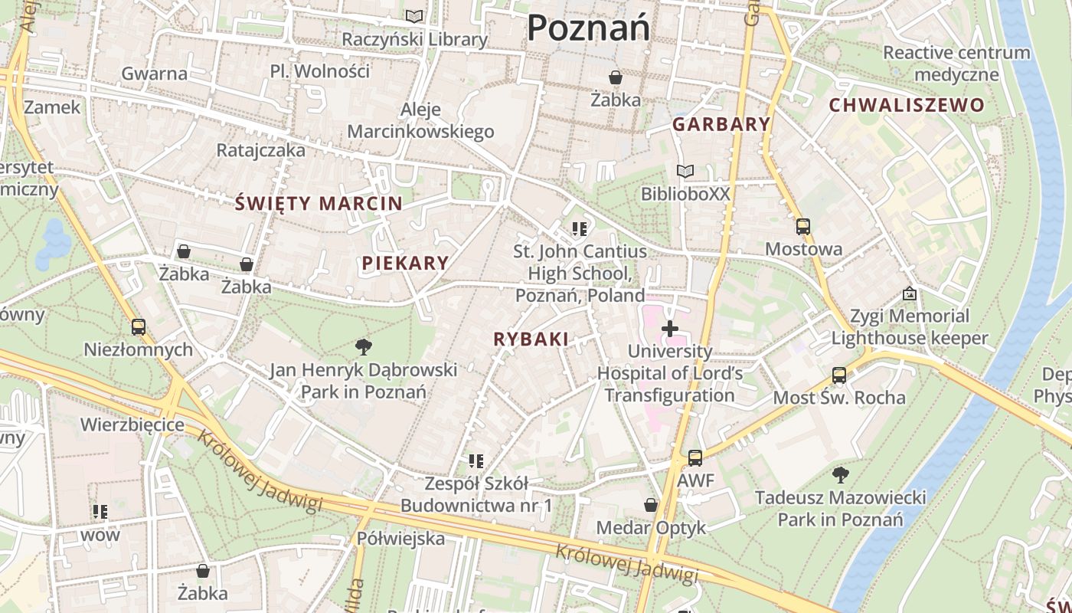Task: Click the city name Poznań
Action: pyautogui.click(x=588, y=28)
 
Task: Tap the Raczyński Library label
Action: pyautogui.click(x=414, y=39)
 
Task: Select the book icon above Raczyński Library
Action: pyautogui.click(x=414, y=16)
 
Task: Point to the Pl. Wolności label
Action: pyautogui.click(x=320, y=71)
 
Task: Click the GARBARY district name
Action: pyautogui.click(x=721, y=124)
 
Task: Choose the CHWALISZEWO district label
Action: pyautogui.click(x=907, y=106)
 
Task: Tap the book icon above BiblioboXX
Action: pyautogui.click(x=685, y=172)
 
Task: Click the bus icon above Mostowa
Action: pyautogui.click(x=803, y=227)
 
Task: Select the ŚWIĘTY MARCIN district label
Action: pyautogui.click(x=319, y=204)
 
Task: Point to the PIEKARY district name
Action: pyautogui.click(x=405, y=264)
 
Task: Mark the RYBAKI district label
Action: pyautogui.click(x=531, y=339)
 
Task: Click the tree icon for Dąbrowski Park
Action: pyautogui.click(x=364, y=347)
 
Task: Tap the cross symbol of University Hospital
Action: pyautogui.click(x=670, y=329)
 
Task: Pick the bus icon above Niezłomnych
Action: pyautogui.click(x=139, y=327)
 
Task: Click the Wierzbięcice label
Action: pyautogui.click(x=132, y=425)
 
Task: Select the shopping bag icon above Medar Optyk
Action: pyautogui.click(x=651, y=505)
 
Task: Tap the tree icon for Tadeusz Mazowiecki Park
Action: pyautogui.click(x=841, y=475)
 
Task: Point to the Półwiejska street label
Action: pyautogui.click(x=400, y=539)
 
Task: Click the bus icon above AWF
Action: pyautogui.click(x=695, y=458)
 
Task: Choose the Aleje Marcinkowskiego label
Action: pyautogui.click(x=420, y=121)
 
